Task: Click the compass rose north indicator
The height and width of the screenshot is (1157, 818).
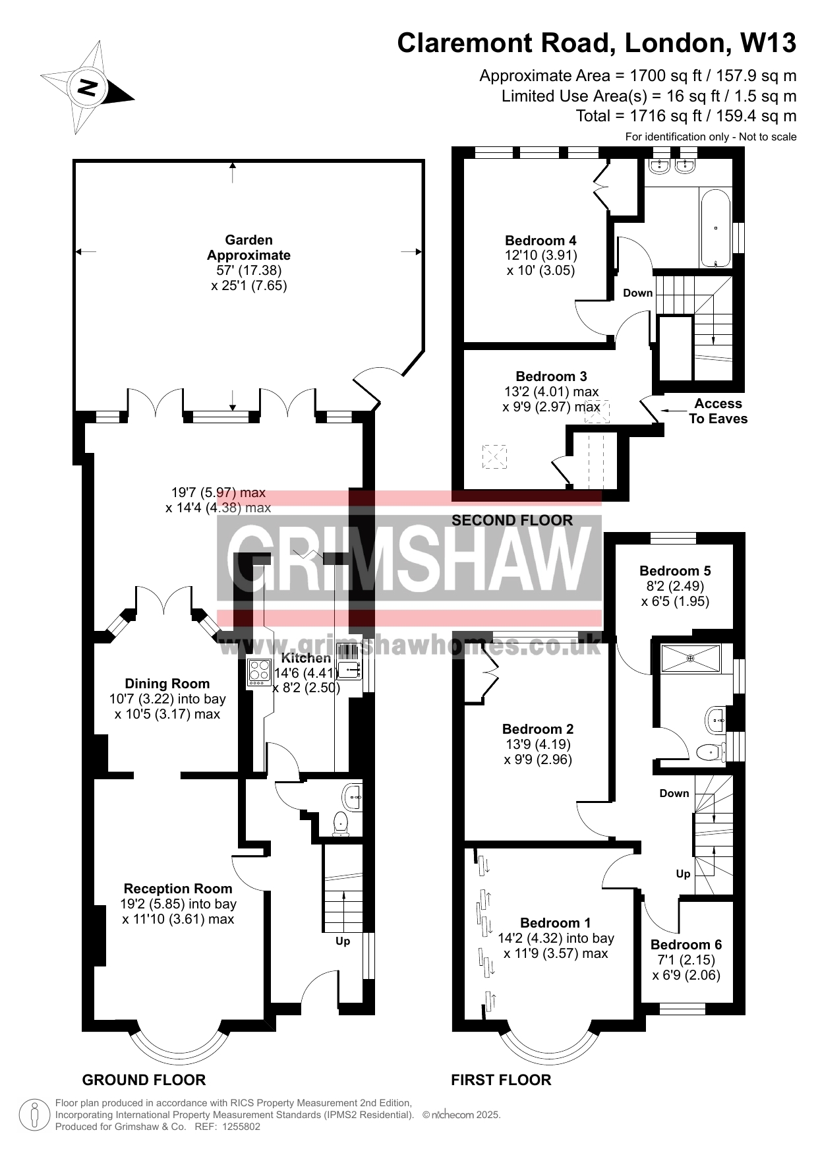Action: point(88,87)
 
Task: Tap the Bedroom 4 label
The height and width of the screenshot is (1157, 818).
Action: point(540,241)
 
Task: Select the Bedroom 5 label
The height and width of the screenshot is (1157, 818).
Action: point(675,571)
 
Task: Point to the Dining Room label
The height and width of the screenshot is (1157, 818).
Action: point(167,684)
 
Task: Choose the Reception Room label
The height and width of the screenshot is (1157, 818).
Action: point(178,889)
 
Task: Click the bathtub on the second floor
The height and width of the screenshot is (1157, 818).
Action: point(715,228)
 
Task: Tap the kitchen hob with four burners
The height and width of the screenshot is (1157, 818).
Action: point(259,673)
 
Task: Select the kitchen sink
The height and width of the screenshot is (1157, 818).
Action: point(349,661)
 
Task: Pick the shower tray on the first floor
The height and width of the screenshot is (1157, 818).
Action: point(691,658)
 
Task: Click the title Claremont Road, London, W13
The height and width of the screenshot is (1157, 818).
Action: point(597,44)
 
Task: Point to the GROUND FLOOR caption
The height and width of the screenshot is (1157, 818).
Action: point(144,1080)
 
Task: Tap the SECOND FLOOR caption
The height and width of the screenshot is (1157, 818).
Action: point(512,520)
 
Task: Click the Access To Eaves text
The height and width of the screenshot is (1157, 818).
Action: point(718,411)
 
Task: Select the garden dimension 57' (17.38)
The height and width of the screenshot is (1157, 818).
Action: point(248,270)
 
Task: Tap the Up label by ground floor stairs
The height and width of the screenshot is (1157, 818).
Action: point(343,941)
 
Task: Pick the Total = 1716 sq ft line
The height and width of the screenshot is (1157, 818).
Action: point(686,116)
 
